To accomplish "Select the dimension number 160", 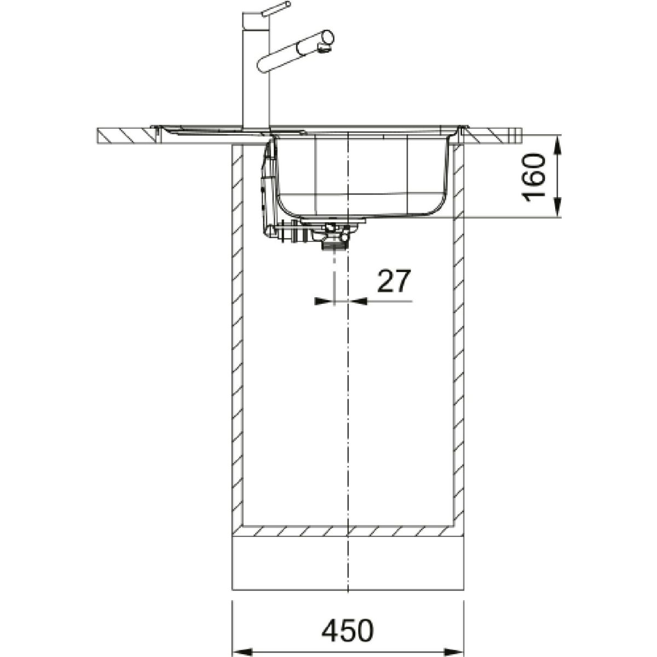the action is [x=533, y=177].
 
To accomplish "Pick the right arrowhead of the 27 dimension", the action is [x=358, y=301].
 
